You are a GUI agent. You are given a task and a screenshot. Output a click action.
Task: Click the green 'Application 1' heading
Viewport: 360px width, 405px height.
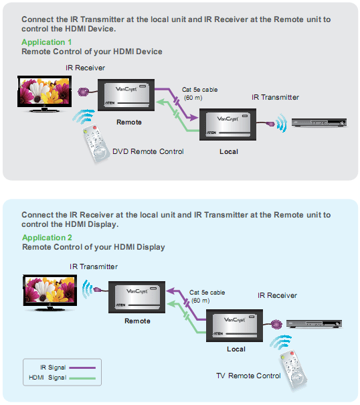(46, 42)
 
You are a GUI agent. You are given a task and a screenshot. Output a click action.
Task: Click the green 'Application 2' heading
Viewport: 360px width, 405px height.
(47, 238)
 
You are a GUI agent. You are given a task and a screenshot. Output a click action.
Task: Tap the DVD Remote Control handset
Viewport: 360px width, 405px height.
(95, 143)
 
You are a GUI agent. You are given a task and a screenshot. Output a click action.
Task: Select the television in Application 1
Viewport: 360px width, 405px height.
(44, 94)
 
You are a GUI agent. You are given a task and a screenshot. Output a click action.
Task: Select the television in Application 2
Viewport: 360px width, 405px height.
(50, 293)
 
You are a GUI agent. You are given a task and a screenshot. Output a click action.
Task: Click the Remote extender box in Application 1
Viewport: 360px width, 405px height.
(126, 95)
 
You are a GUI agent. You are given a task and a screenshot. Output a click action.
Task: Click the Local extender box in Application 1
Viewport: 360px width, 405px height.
(228, 125)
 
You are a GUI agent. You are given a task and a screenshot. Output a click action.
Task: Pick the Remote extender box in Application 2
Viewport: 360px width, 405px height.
(137, 297)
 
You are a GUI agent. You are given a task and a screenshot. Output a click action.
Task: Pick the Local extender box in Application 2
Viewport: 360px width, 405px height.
(234, 326)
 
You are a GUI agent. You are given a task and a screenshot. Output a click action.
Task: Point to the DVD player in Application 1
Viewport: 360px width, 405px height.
(319, 123)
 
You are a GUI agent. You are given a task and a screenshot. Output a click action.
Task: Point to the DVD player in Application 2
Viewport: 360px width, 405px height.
(314, 323)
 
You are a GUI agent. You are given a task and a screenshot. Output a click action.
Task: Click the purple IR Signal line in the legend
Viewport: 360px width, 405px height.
(82, 368)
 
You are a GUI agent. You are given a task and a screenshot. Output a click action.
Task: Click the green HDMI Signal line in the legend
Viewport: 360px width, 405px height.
(82, 378)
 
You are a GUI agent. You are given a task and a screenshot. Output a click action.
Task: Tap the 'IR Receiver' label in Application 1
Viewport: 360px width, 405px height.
(85, 68)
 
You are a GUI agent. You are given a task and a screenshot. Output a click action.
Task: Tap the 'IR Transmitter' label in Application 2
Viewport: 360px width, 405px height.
(94, 266)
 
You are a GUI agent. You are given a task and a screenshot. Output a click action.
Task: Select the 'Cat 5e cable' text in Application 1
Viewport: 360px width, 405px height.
(199, 90)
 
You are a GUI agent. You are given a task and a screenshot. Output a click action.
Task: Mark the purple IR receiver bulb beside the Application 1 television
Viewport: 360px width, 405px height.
(83, 92)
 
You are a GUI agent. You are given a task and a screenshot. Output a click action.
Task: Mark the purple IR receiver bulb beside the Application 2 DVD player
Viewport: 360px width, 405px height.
(276, 324)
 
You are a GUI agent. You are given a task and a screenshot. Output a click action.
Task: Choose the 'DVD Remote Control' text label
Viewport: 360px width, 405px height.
(148, 151)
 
